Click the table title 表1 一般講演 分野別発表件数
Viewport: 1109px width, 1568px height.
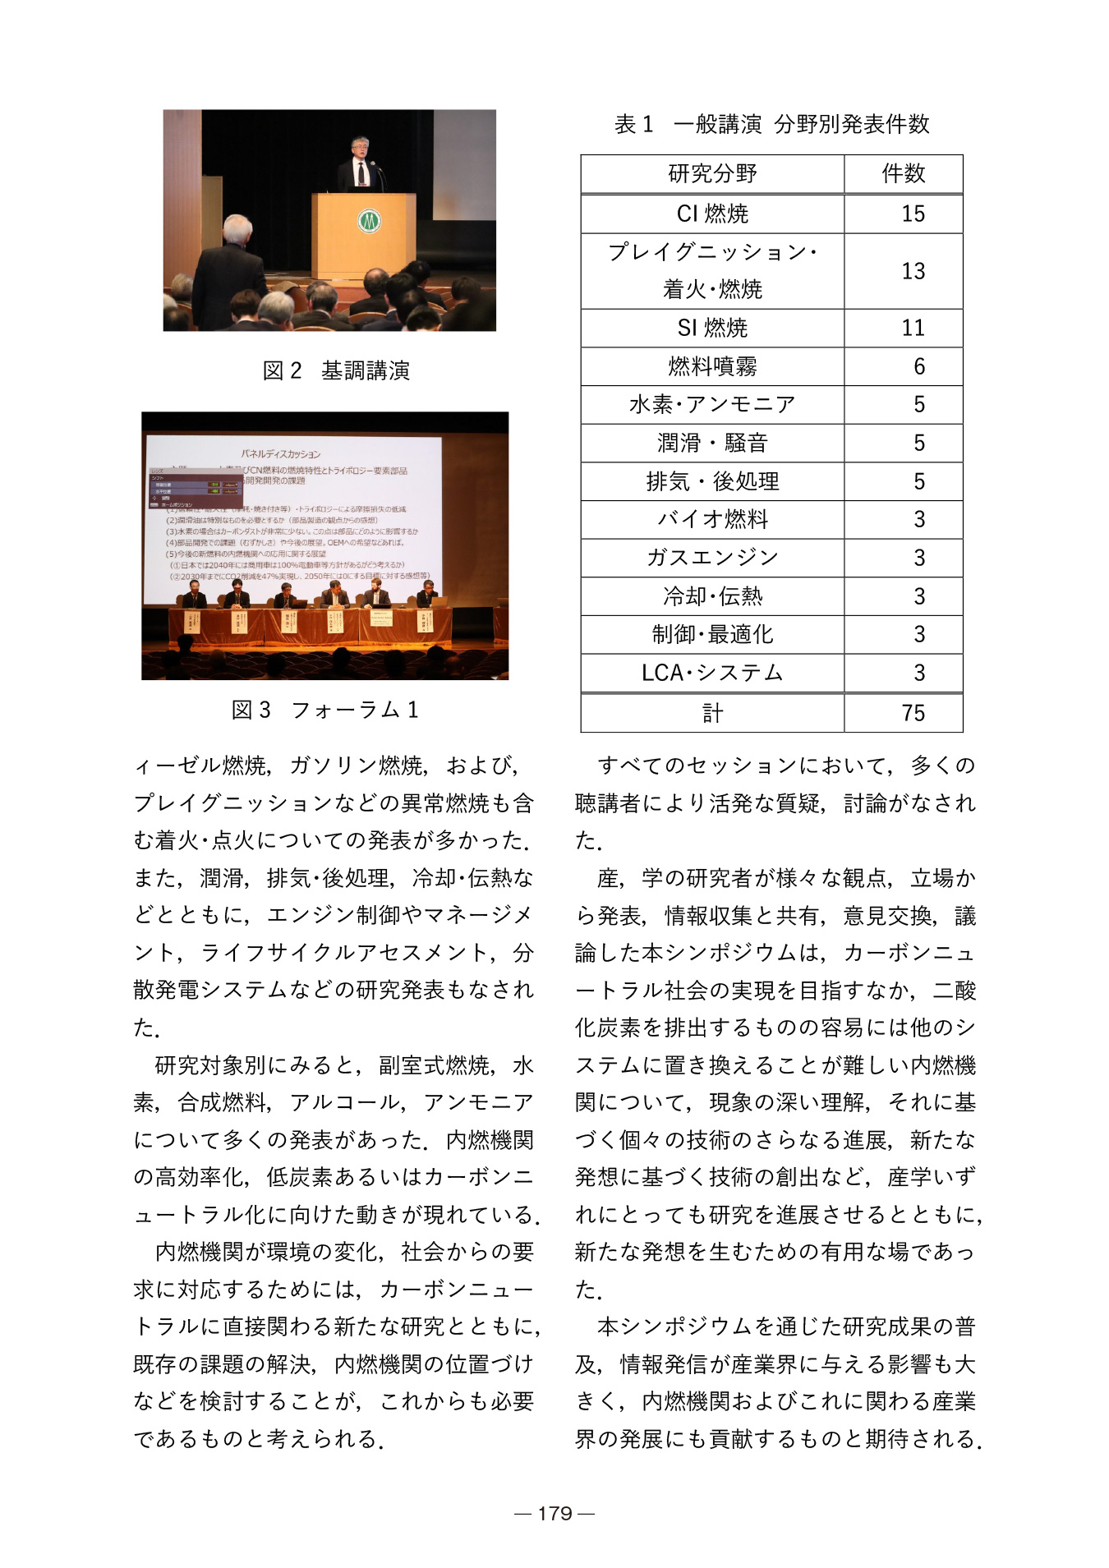771,124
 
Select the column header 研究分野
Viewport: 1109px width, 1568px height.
712,173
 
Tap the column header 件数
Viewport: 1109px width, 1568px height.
903,173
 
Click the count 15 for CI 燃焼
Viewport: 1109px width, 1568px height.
913,214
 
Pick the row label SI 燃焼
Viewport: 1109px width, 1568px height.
712,328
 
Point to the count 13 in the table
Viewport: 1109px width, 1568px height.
913,271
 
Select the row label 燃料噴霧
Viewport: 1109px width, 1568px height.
712,366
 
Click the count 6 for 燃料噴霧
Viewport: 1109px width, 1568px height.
918,366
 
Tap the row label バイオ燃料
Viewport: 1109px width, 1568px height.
712,519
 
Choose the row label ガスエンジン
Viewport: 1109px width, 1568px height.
712,558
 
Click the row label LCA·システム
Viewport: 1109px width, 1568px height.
712,673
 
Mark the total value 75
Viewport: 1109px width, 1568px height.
913,713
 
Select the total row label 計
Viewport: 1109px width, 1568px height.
712,713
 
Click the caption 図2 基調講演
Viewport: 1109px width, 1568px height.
336,371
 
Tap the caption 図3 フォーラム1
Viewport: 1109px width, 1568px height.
325,710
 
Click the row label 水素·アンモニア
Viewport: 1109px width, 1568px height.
712,404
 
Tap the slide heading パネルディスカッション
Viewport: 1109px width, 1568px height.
281,453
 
